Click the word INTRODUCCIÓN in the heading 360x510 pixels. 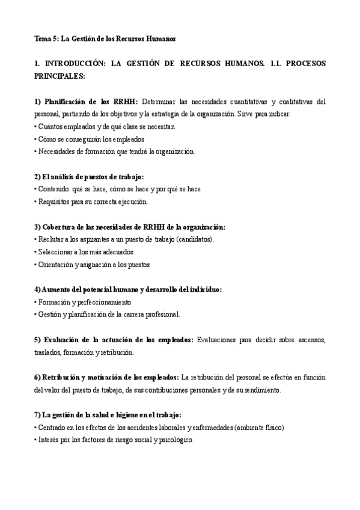click(76, 64)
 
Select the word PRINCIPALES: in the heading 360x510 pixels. click(59, 76)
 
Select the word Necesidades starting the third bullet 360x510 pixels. click(58, 151)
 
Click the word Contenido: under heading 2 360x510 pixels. click(55, 189)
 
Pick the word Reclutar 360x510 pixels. click(52, 239)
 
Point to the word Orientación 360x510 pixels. click(56, 264)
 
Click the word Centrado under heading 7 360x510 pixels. click(53, 428)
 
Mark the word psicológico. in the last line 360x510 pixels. click(174, 440)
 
